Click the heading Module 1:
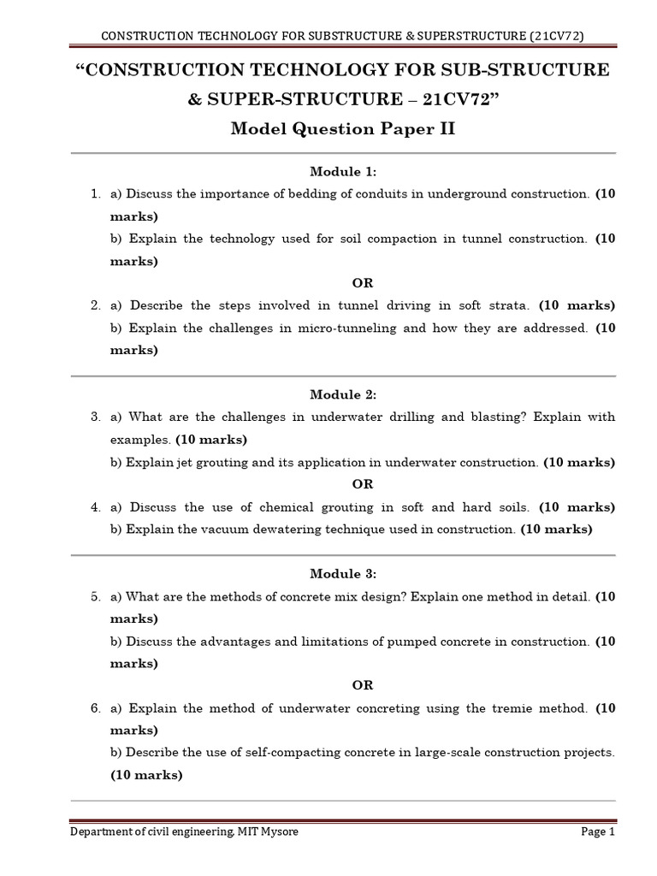click(x=342, y=172)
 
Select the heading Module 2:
click(x=342, y=394)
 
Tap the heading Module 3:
click(x=342, y=573)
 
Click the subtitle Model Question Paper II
click(x=342, y=129)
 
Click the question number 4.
click(x=96, y=506)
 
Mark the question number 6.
click(x=96, y=707)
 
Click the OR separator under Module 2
click(x=363, y=484)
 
